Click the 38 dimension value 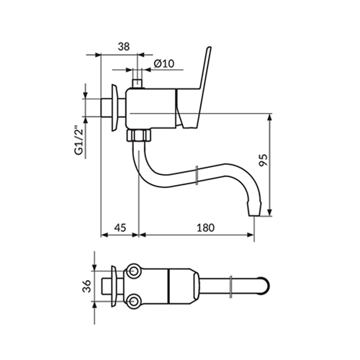(x=124, y=47)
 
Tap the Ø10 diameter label (x=164, y=64)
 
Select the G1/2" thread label (x=79, y=140)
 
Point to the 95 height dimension (x=263, y=160)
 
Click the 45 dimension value (x=120, y=228)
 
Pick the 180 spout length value (x=206, y=228)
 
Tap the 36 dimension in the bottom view (x=87, y=286)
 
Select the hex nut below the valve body (x=139, y=135)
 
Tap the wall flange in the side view (x=114, y=108)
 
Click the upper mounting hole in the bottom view (x=132, y=271)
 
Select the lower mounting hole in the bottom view (x=132, y=301)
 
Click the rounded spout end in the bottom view (x=264, y=286)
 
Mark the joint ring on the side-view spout (x=197, y=175)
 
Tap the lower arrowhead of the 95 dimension (x=270, y=212)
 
